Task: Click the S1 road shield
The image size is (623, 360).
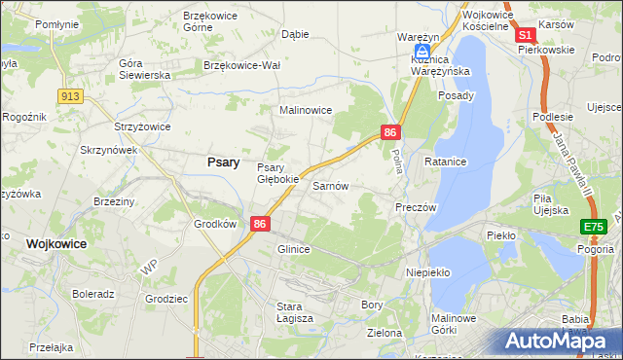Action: pos(524,34)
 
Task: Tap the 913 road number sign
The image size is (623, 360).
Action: pos(69,95)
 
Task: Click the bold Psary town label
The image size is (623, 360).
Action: pos(224,162)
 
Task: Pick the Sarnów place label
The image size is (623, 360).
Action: pos(330,185)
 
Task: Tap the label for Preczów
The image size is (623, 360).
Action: pos(416,207)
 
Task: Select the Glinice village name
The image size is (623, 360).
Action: pos(293,249)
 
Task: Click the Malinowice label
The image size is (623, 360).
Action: pos(307,111)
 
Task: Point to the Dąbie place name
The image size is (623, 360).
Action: pos(294,33)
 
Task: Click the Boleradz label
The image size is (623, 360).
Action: pos(93,293)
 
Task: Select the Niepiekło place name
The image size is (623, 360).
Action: pos(427,272)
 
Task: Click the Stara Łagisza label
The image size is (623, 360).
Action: pos(295,311)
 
